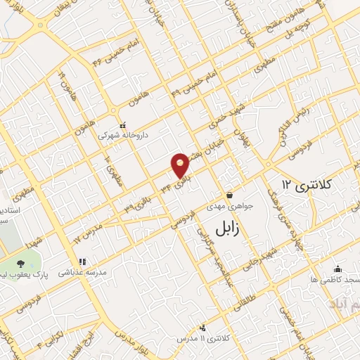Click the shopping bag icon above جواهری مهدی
coord(229,195)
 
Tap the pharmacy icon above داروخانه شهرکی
coord(123,125)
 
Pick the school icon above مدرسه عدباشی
coord(82,261)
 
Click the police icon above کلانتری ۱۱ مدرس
coord(203,327)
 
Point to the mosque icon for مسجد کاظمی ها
coord(337,269)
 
